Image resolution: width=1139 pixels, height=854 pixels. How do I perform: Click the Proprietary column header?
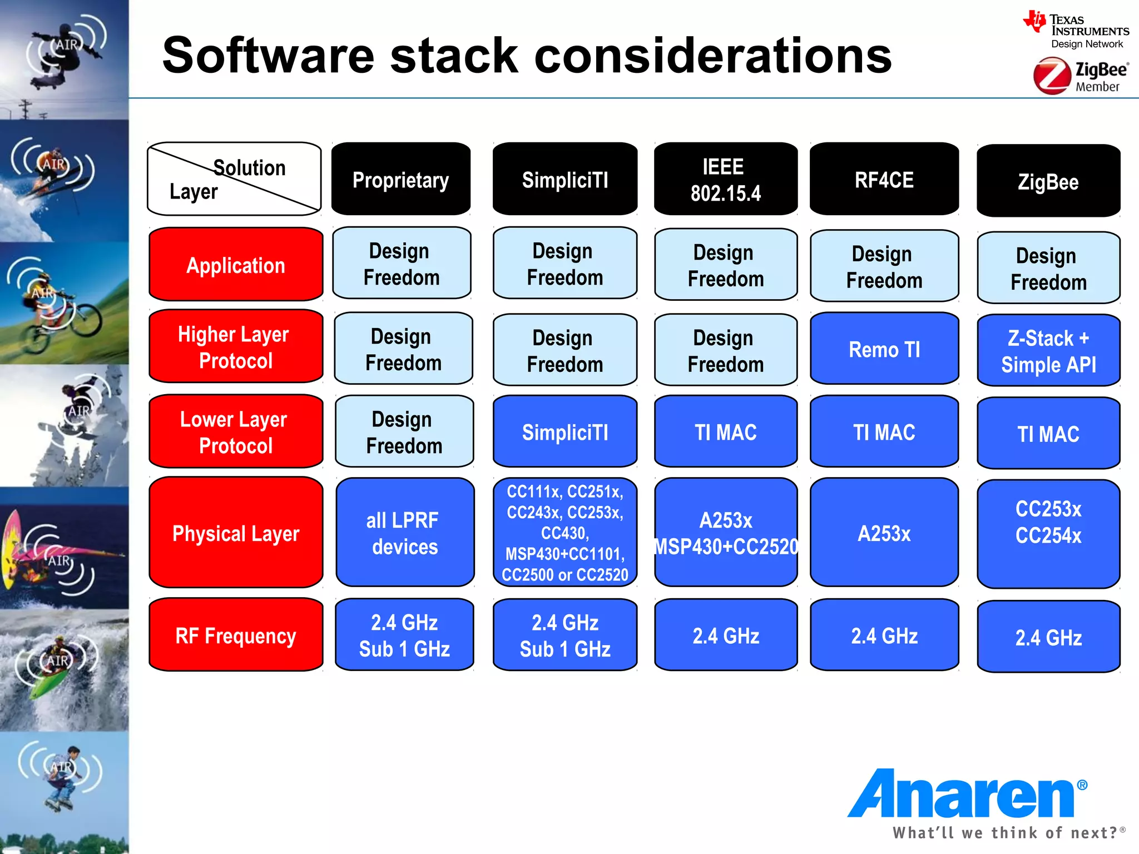tap(401, 179)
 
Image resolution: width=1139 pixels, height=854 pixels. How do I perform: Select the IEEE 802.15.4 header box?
tap(725, 179)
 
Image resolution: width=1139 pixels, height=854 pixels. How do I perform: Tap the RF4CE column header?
tap(884, 179)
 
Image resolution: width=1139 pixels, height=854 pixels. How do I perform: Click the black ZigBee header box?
tap(1048, 181)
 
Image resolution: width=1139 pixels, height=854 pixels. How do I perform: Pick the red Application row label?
tap(236, 265)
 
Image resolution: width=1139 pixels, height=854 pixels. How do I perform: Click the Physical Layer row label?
tap(236, 533)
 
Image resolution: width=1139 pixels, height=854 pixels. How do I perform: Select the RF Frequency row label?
tap(236, 635)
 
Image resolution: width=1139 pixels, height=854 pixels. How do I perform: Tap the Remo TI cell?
tap(884, 349)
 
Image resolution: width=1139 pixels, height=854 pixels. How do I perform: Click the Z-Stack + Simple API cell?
tap(1048, 351)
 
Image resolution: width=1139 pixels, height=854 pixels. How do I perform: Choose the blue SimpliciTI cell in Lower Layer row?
tap(564, 432)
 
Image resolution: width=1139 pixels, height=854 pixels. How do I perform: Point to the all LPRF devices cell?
tap(404, 533)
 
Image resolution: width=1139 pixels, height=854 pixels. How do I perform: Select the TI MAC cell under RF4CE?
tap(884, 432)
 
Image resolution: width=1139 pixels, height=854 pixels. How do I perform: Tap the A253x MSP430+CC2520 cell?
tap(725, 533)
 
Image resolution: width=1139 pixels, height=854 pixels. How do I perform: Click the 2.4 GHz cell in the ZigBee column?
tap(1048, 637)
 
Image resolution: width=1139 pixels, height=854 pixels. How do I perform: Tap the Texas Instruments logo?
tap(1076, 31)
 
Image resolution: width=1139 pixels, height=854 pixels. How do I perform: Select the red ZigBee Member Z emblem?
tap(1052, 77)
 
